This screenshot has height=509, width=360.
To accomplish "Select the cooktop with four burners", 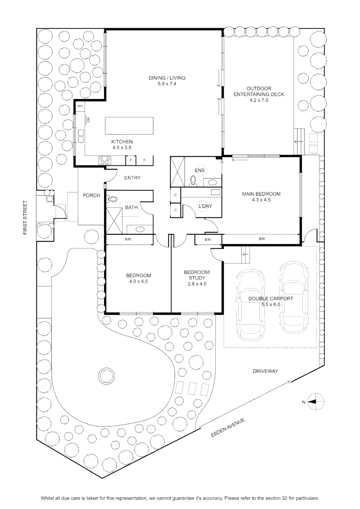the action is (105, 160).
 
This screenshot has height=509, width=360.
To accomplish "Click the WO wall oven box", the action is (80, 106).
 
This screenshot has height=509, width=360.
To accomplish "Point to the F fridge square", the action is (145, 160).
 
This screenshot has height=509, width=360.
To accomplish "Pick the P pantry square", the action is (131, 160).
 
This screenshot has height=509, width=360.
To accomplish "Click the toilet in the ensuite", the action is (194, 181).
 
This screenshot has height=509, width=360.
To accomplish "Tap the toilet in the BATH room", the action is (112, 199).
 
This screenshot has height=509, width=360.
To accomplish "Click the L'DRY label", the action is (205, 206).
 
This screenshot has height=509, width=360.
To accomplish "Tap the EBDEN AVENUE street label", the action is (228, 427).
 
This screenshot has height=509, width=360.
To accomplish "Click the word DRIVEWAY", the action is (265, 371).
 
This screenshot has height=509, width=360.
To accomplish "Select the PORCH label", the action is (91, 196).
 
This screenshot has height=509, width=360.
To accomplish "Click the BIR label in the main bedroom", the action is (262, 239).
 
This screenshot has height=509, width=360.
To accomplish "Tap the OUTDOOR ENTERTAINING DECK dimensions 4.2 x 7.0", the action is (258, 100).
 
